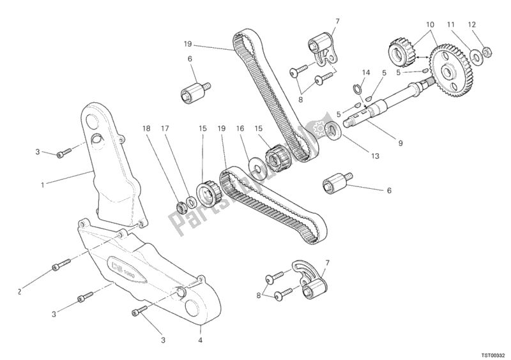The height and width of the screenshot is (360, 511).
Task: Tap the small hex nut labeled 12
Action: point(485,48)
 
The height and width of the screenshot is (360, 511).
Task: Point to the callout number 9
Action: point(400,144)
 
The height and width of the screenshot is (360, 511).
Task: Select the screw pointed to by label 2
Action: point(62,264)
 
